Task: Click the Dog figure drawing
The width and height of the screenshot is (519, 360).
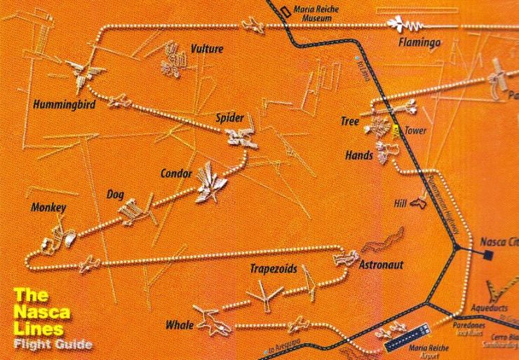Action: point(128,209)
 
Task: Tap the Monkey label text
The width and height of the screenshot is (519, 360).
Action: point(48,208)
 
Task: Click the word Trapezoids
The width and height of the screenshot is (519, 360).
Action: point(274,269)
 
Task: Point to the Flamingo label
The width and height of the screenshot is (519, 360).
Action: point(419,43)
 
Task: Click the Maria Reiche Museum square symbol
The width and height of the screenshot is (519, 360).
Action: point(284,11)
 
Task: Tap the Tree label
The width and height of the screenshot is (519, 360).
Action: point(350,121)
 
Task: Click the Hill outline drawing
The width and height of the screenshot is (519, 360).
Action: point(419,203)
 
